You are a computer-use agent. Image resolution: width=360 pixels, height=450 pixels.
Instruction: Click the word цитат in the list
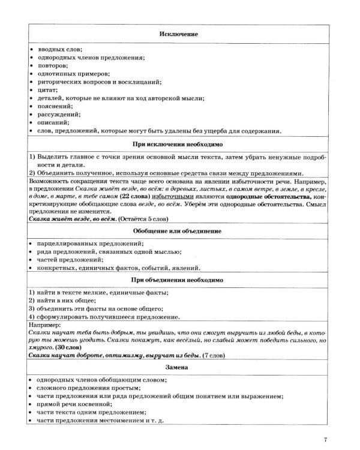(46, 89)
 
